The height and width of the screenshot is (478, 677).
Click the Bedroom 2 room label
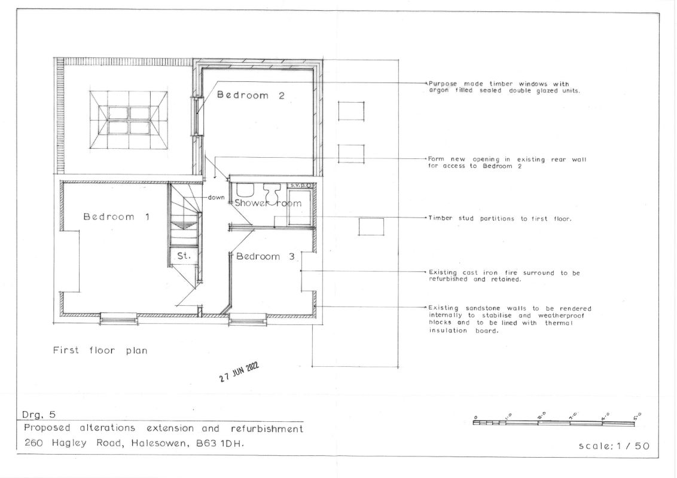(x=251, y=96)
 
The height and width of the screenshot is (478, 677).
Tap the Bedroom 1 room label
(x=116, y=216)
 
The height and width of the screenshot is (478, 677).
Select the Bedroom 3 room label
(x=265, y=256)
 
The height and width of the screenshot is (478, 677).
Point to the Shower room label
(x=268, y=203)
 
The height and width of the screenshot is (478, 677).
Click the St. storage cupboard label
(x=184, y=255)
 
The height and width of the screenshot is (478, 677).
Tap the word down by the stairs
(x=216, y=198)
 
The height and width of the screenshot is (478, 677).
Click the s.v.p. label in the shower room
(x=298, y=185)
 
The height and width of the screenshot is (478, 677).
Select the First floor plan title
(x=100, y=350)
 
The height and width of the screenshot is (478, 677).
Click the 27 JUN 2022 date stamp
(x=239, y=372)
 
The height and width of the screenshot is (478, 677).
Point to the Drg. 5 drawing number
(x=39, y=415)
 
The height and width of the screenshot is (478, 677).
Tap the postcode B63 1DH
(x=220, y=443)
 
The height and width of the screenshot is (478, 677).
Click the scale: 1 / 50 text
(x=614, y=446)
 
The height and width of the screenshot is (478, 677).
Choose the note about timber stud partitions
(x=499, y=219)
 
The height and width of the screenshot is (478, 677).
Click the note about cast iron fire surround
(x=504, y=275)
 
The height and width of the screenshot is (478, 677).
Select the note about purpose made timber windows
(x=504, y=87)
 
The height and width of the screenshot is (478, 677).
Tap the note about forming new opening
(x=507, y=163)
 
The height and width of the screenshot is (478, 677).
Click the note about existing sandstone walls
(x=510, y=319)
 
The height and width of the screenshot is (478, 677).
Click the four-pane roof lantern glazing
(x=128, y=120)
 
